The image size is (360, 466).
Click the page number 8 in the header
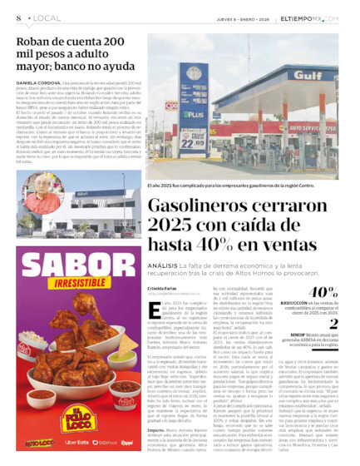(17, 17)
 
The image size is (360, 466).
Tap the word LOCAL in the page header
(43, 17)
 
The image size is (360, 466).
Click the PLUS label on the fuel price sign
(193, 114)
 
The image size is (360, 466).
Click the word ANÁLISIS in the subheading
(165, 265)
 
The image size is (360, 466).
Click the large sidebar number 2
(333, 325)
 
